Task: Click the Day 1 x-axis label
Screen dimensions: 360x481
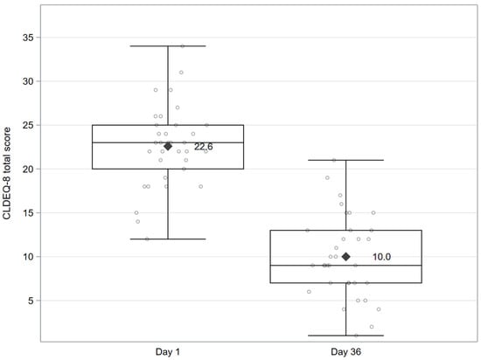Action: click(168, 350)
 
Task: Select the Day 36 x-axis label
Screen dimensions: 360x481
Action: click(345, 350)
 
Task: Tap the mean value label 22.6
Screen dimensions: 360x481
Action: click(204, 147)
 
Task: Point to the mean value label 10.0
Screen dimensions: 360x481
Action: click(382, 257)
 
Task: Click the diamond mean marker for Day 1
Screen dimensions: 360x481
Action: click(168, 146)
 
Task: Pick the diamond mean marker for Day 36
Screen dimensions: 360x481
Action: click(345, 256)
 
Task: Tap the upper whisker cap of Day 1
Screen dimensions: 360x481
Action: click(168, 46)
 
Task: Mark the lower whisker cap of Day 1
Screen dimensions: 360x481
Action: click(168, 239)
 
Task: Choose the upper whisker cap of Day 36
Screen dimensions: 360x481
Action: click(345, 160)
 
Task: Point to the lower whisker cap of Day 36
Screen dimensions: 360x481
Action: click(345, 335)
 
